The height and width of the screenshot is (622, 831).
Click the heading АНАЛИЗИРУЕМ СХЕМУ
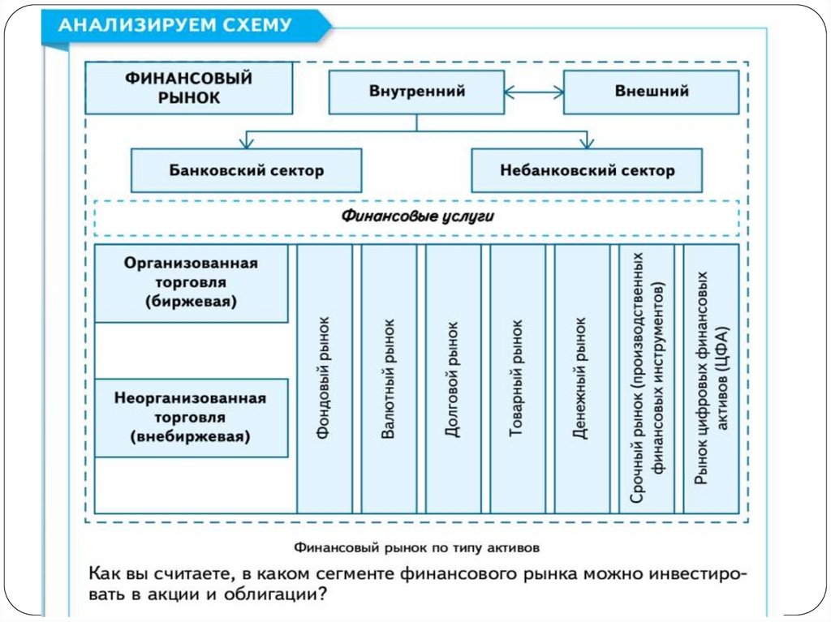tap(175, 24)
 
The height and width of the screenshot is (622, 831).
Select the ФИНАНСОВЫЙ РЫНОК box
tap(189, 88)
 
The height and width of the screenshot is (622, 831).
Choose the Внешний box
tap(651, 92)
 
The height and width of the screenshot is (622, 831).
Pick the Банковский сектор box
tap(247, 170)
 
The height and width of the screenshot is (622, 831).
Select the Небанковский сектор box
tap(587, 170)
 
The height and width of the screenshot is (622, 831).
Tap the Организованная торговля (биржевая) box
tap(192, 283)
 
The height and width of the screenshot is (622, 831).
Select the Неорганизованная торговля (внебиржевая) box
tap(192, 418)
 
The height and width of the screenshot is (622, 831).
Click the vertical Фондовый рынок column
tap(325, 378)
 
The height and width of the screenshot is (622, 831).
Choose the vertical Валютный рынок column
tap(389, 378)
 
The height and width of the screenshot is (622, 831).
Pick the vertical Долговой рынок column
tap(453, 378)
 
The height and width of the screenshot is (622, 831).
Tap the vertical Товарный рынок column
tap(517, 378)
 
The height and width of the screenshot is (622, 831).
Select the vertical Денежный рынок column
tap(581, 378)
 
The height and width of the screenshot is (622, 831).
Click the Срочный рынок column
tap(647, 378)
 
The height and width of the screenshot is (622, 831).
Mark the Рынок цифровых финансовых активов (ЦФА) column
tap(712, 378)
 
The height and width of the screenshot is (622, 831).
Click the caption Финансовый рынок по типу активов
tap(416, 546)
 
